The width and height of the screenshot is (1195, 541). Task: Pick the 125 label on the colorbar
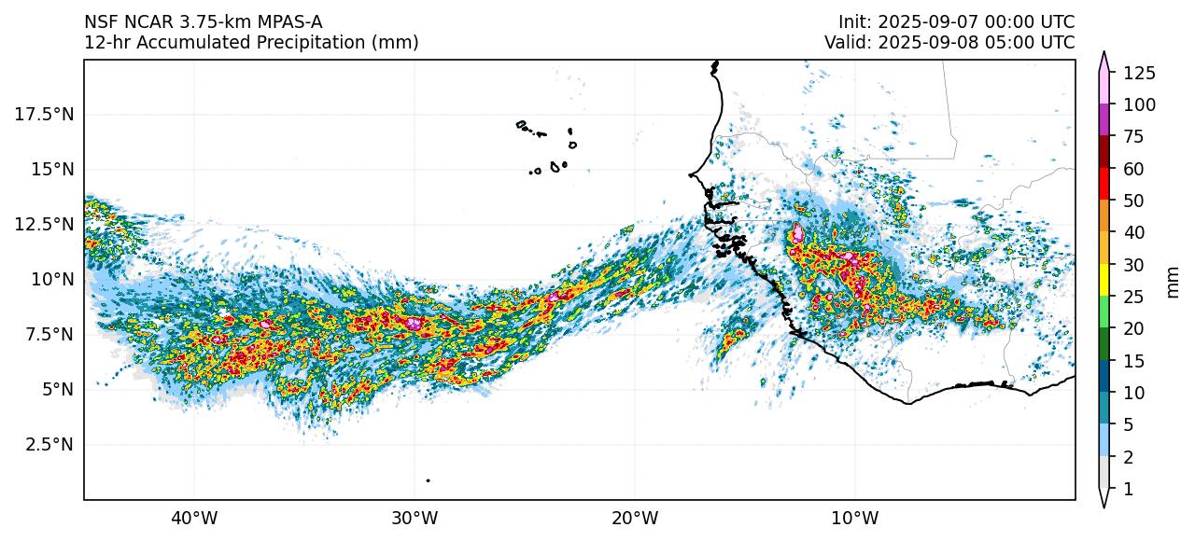point(1139,73)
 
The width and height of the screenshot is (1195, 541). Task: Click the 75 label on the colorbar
point(1132,137)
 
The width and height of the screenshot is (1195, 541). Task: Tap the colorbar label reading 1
point(1128,489)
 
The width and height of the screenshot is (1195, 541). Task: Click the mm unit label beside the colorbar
point(1174,281)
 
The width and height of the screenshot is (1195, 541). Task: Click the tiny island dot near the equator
point(428,480)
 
